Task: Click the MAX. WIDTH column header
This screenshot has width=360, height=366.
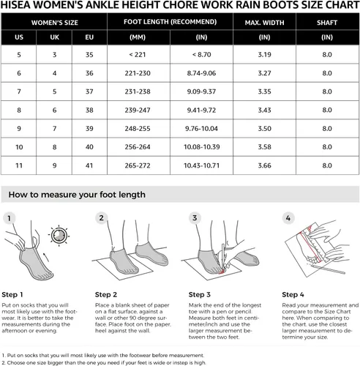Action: coord(264,23)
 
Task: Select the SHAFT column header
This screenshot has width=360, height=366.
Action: coord(327,23)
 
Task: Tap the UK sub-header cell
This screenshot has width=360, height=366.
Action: coord(54,37)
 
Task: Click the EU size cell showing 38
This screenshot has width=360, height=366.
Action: coord(89,110)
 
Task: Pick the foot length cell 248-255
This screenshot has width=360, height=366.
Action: coord(138,129)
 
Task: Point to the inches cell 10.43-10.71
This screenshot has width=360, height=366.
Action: coord(201,165)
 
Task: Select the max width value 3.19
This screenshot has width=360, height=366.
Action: coord(264,54)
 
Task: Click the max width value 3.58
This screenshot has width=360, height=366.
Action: coord(264,147)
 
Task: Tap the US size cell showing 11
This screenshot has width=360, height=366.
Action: coord(19,165)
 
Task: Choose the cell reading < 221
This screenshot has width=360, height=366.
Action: coord(138,54)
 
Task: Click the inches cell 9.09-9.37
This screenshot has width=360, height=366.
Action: coord(201,91)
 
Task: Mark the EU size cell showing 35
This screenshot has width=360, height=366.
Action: coord(89,54)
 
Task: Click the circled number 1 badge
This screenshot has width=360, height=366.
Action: coord(10,218)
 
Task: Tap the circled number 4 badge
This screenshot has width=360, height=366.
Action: coord(288,218)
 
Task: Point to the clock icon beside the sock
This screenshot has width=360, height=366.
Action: coord(59,236)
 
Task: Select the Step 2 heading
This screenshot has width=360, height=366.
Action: coord(106,294)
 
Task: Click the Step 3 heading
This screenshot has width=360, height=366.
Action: coord(199,294)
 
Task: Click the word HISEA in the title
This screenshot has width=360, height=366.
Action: coord(15,5)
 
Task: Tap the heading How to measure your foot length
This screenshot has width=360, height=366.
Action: coord(77,195)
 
